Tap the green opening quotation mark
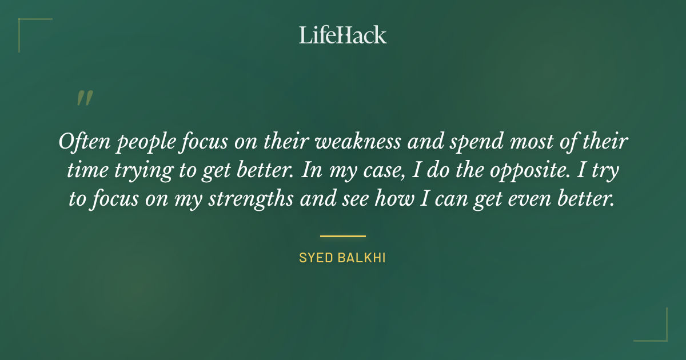[84, 98]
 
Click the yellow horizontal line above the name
[343, 235]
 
